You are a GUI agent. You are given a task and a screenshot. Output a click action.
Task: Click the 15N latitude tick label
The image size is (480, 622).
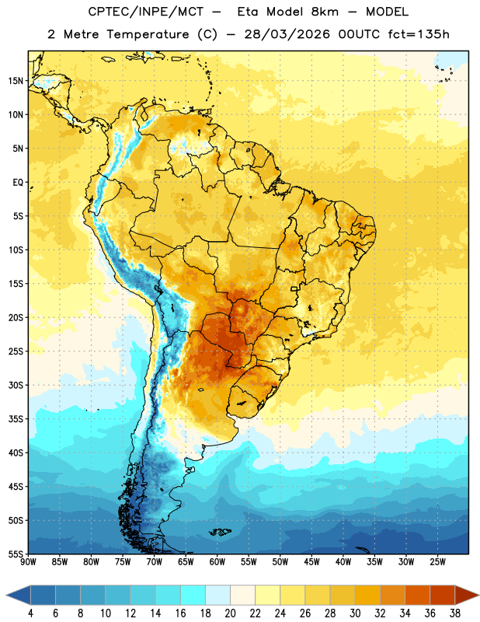(x=16, y=81)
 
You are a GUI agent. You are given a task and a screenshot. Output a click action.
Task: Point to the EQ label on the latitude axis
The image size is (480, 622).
(x=18, y=183)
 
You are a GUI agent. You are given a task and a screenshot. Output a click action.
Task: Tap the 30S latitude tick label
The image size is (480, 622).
(x=16, y=385)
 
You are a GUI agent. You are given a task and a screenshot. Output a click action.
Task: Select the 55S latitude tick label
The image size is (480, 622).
(x=16, y=554)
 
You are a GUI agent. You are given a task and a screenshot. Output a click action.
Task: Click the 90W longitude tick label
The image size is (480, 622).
(x=28, y=562)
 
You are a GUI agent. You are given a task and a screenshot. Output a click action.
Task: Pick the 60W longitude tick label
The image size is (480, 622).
(x=217, y=562)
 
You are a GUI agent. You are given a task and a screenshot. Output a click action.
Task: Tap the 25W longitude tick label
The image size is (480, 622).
(x=437, y=562)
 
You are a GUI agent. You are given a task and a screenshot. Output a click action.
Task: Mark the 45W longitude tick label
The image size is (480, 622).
(x=311, y=562)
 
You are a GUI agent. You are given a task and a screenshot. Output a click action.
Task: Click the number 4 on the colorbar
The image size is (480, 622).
(x=30, y=613)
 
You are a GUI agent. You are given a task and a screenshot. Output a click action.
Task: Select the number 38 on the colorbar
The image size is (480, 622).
(x=455, y=613)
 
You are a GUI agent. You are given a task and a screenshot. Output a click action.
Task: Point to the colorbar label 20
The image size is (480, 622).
(x=230, y=613)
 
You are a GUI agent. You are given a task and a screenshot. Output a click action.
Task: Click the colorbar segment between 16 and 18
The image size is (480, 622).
(x=193, y=596)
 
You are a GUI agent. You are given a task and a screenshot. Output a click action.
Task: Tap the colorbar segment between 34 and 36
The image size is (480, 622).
(x=417, y=596)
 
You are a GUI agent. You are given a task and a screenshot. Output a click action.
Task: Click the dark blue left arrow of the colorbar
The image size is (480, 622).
(x=19, y=596)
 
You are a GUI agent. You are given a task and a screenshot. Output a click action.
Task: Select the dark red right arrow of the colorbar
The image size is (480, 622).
(x=467, y=596)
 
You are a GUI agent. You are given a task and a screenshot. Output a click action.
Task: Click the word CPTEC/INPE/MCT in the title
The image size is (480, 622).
(x=146, y=12)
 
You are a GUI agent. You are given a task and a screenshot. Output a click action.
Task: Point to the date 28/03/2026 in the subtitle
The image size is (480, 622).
(x=287, y=34)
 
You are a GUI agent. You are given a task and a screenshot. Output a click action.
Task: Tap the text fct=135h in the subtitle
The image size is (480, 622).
(x=419, y=34)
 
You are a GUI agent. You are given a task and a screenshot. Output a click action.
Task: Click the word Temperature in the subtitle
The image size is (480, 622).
(x=148, y=34)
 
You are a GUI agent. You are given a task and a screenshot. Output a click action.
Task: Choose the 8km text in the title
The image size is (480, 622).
(x=325, y=12)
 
